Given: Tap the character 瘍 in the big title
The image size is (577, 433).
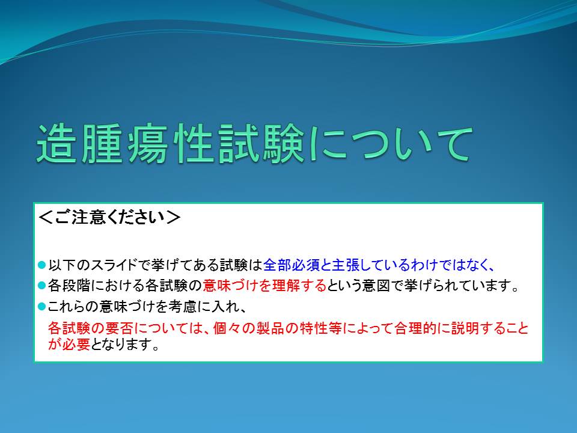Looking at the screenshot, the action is click(147, 143).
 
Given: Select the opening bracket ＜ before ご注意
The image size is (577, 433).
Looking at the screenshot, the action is click(46, 217).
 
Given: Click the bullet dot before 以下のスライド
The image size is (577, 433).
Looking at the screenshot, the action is click(42, 265).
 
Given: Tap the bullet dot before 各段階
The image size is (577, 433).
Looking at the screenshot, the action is click(42, 285).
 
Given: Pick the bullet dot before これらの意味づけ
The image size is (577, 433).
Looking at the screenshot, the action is click(42, 306).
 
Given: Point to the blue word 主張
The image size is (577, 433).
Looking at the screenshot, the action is click(346, 265).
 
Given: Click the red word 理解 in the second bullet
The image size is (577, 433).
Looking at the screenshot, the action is click(285, 285).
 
